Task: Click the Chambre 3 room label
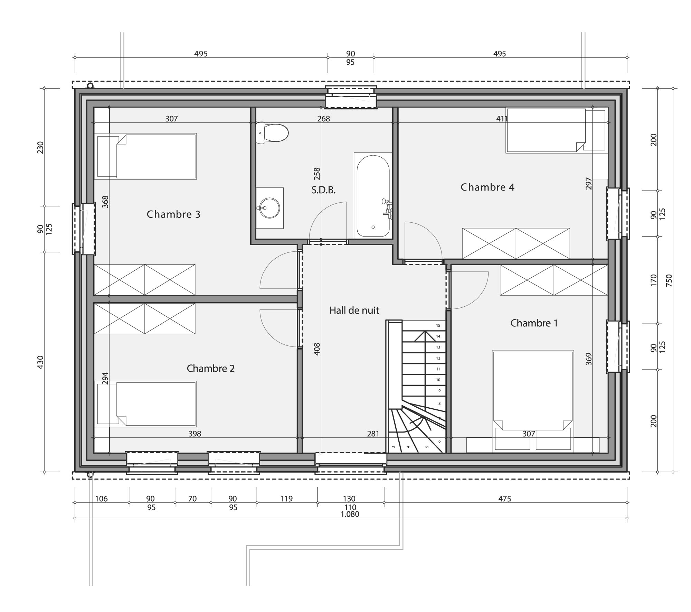[x=173, y=214]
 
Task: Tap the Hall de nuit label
[x=354, y=310]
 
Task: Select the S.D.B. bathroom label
[x=323, y=190]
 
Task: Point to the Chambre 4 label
[x=488, y=187]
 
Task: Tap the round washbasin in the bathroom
[x=269, y=208]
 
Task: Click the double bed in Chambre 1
[x=533, y=401]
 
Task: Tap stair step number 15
[x=438, y=325]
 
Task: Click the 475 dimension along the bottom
[x=504, y=499]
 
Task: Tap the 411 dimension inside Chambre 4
[x=502, y=119]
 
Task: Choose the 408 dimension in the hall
[x=317, y=349]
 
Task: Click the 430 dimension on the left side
[x=40, y=362]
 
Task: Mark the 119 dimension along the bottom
[x=287, y=499]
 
